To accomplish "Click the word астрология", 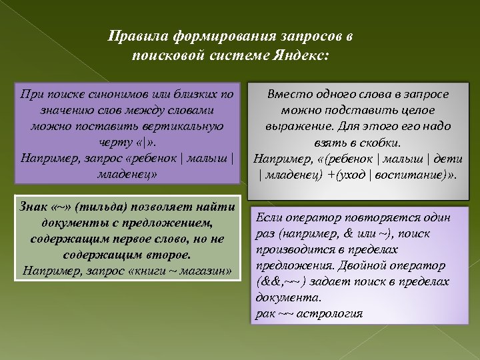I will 330,313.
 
